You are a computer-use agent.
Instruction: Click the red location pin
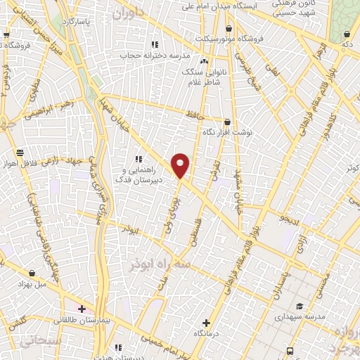click(181, 165)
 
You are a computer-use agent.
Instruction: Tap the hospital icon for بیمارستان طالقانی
click(82, 309)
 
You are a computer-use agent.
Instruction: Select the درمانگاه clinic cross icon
click(205, 323)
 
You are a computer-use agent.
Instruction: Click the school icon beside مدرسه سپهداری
click(300, 306)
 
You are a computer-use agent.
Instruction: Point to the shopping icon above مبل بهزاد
click(32, 273)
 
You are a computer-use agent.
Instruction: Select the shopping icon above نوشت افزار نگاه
click(226, 122)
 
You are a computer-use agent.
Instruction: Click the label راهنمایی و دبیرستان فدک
click(143, 174)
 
